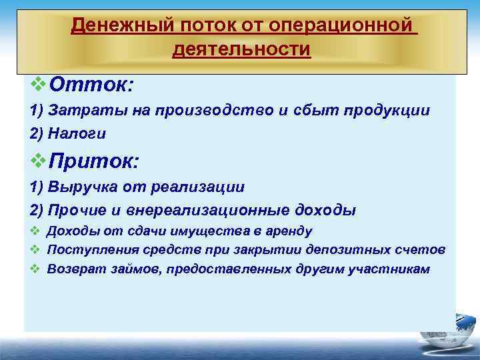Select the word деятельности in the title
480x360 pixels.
pos(241,49)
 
